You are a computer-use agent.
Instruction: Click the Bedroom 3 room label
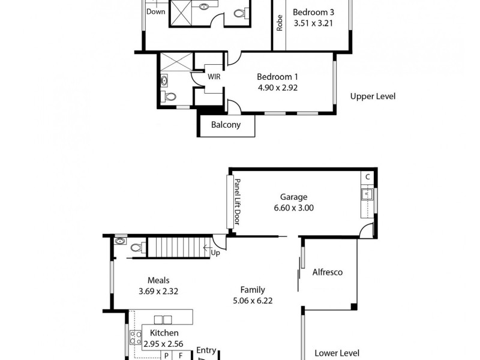(312, 12)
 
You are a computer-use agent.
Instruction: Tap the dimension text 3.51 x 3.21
(312, 24)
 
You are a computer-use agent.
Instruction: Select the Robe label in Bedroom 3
(280, 23)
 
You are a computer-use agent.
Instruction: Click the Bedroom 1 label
(277, 77)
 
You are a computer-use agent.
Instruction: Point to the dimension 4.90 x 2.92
(277, 88)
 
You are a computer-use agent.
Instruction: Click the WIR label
(214, 77)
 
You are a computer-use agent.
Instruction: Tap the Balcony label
(226, 125)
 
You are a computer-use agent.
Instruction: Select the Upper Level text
(373, 96)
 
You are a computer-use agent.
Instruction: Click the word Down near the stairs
(156, 11)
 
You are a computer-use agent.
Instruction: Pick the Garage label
(293, 197)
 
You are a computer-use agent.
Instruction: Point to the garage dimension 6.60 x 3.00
(293, 208)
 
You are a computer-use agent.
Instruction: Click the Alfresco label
(328, 272)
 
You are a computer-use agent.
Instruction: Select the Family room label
(253, 290)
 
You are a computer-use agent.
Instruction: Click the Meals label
(158, 280)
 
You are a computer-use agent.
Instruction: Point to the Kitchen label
(164, 333)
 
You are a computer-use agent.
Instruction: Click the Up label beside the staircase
(215, 253)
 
